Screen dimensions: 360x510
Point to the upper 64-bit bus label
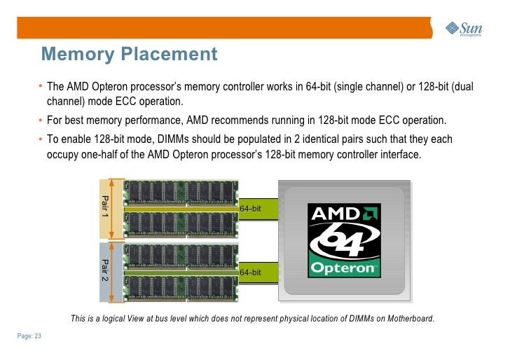click(x=250, y=209)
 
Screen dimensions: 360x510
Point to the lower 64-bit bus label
click(x=250, y=272)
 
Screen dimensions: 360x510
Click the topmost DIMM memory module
click(x=181, y=191)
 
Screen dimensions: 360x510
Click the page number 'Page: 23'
click(x=29, y=337)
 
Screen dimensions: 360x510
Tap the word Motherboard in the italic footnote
click(x=410, y=319)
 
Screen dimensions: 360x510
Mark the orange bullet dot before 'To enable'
click(x=41, y=139)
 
